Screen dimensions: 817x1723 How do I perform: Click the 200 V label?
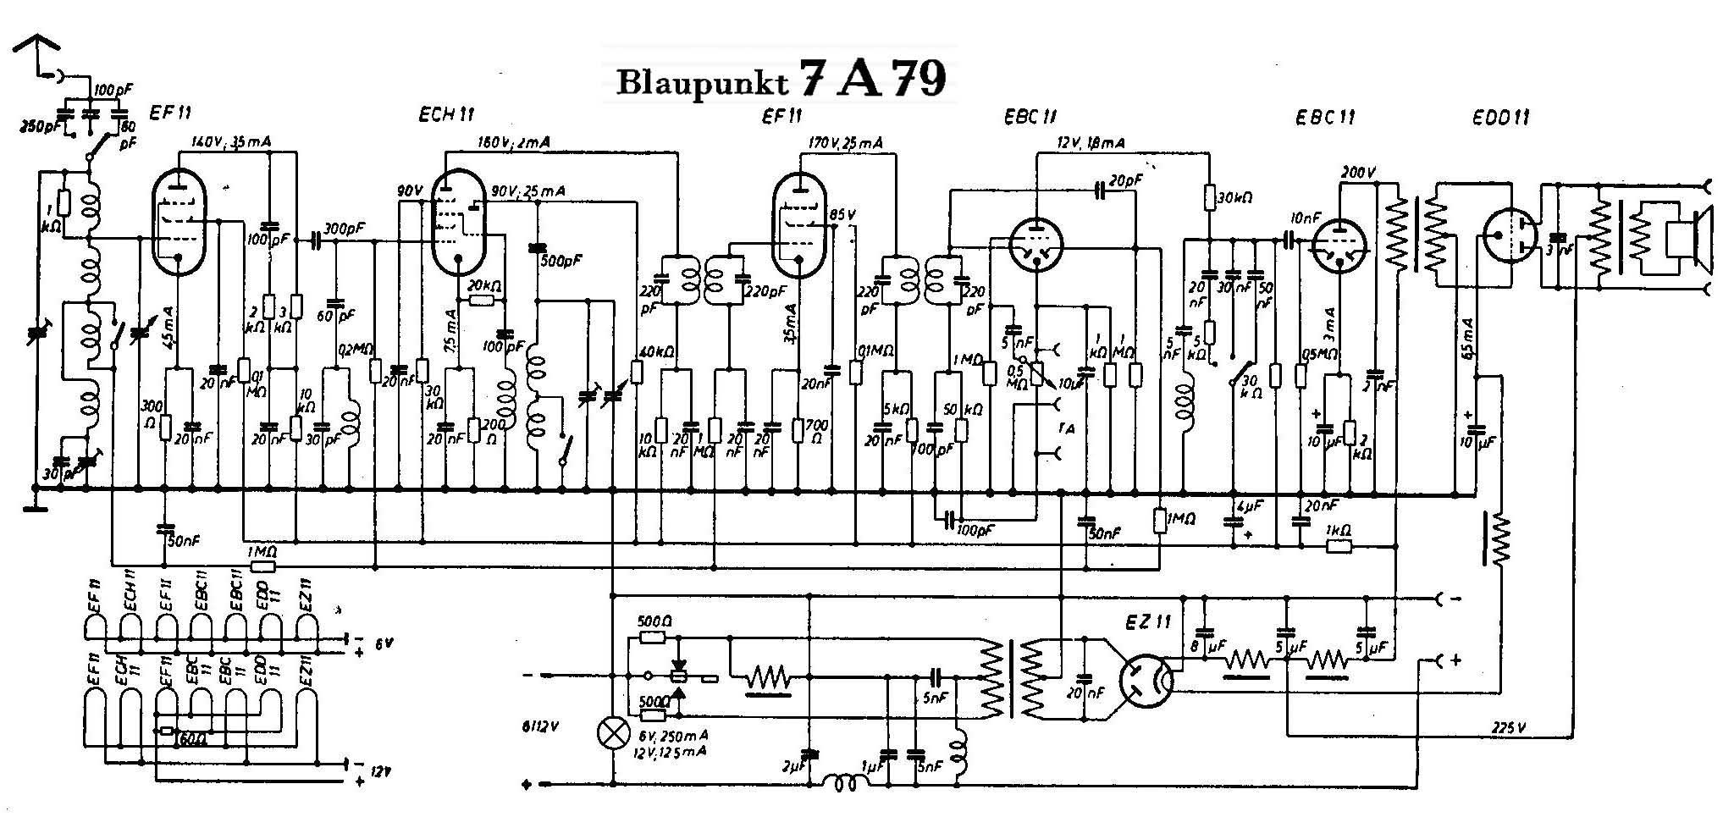tap(1358, 174)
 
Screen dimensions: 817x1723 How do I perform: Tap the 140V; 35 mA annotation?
tap(230, 142)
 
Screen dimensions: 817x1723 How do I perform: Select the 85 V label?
tap(843, 213)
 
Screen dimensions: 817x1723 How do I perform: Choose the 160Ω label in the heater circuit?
tap(189, 739)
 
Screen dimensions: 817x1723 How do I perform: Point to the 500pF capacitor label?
tap(560, 258)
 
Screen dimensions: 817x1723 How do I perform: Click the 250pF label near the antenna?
tap(36, 127)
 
